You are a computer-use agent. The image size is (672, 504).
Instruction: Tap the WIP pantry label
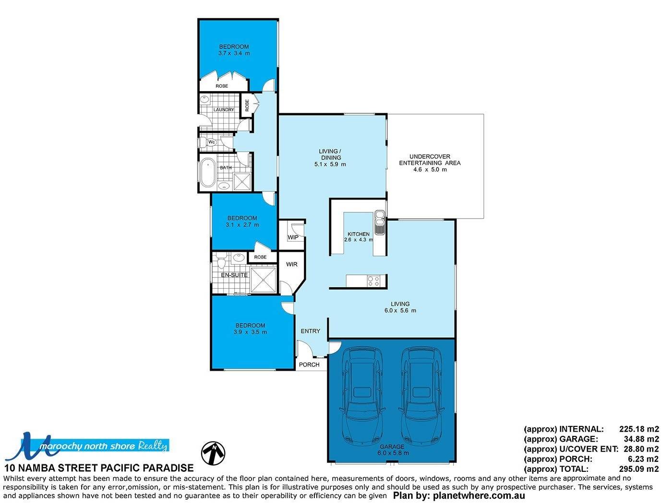click(293, 237)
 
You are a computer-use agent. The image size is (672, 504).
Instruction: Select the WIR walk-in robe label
click(291, 264)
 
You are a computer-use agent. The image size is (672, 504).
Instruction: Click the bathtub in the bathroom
click(207, 172)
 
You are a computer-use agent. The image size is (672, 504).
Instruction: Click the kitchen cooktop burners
click(373, 281)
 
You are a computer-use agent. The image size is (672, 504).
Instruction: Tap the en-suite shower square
click(264, 280)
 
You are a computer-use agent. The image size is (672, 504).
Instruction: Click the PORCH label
click(309, 364)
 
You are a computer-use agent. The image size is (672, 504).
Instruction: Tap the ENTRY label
click(310, 331)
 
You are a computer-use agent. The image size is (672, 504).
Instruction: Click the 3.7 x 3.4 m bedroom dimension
click(234, 53)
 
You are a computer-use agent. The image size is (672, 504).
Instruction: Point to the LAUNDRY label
click(224, 109)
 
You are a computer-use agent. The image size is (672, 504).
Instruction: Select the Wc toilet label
click(212, 142)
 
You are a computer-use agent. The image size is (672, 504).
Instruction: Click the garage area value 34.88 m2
click(641, 439)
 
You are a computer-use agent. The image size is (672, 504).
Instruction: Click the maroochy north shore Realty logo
click(87, 446)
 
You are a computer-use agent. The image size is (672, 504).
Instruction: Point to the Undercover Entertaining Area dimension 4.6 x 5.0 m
click(430, 169)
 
